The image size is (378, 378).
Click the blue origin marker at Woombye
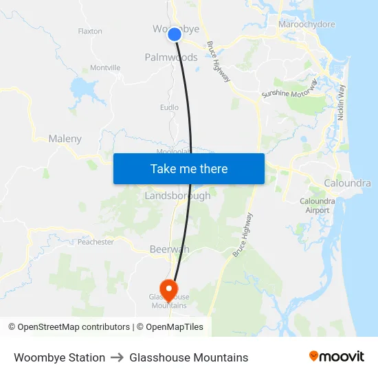[x=175, y=34]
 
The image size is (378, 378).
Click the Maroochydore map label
[x=307, y=25]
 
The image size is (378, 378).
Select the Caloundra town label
[x=347, y=184]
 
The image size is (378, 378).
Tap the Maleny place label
[x=65, y=139]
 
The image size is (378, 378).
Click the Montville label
[x=105, y=68]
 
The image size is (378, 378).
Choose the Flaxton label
[x=90, y=32]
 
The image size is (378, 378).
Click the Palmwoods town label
[x=170, y=58]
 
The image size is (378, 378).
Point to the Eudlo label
[x=169, y=107]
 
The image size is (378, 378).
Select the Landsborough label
[x=177, y=196]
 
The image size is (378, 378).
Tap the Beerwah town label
[x=169, y=250]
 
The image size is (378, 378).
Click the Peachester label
[x=95, y=242]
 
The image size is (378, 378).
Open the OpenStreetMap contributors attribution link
[x=74, y=327]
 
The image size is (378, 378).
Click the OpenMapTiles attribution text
[x=175, y=327]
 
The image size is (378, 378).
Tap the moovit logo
[x=336, y=357]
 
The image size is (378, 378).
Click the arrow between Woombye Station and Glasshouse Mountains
[x=118, y=357]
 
